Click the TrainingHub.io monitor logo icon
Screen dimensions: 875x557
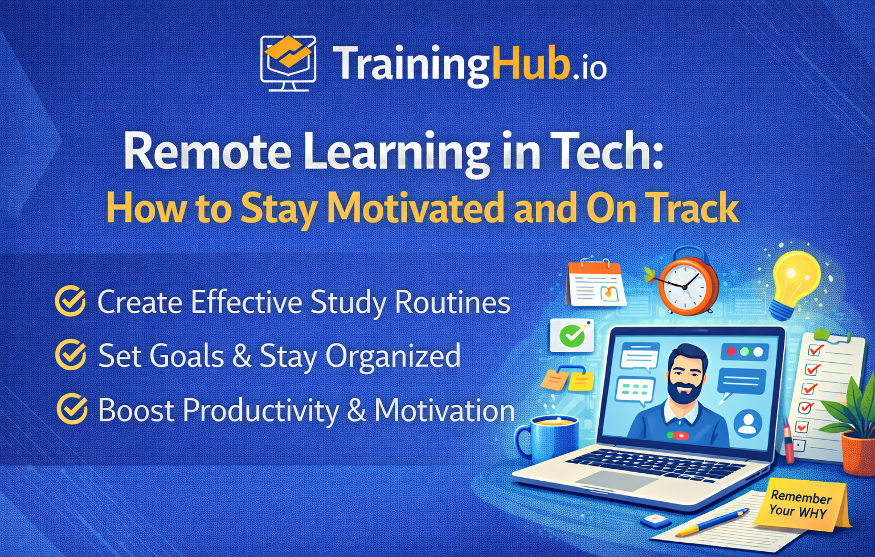point(288,63)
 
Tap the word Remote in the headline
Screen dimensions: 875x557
point(207,152)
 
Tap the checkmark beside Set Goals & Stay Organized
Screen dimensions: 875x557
point(70,355)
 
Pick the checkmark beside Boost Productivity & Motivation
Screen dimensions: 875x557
point(71,409)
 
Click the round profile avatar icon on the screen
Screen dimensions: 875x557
point(748,424)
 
